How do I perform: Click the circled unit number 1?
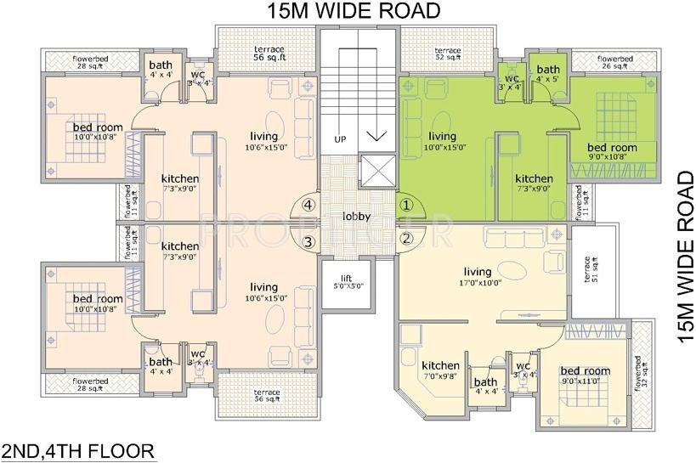coord(406,204)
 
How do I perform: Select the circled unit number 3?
coord(308,242)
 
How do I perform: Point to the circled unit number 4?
coord(308,205)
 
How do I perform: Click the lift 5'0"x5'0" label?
coord(347,282)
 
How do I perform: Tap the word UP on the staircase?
coord(341,139)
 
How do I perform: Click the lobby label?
coord(356,217)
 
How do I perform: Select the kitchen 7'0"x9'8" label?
coord(440,370)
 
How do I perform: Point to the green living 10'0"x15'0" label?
coord(442,141)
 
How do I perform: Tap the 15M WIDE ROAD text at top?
coord(351,11)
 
